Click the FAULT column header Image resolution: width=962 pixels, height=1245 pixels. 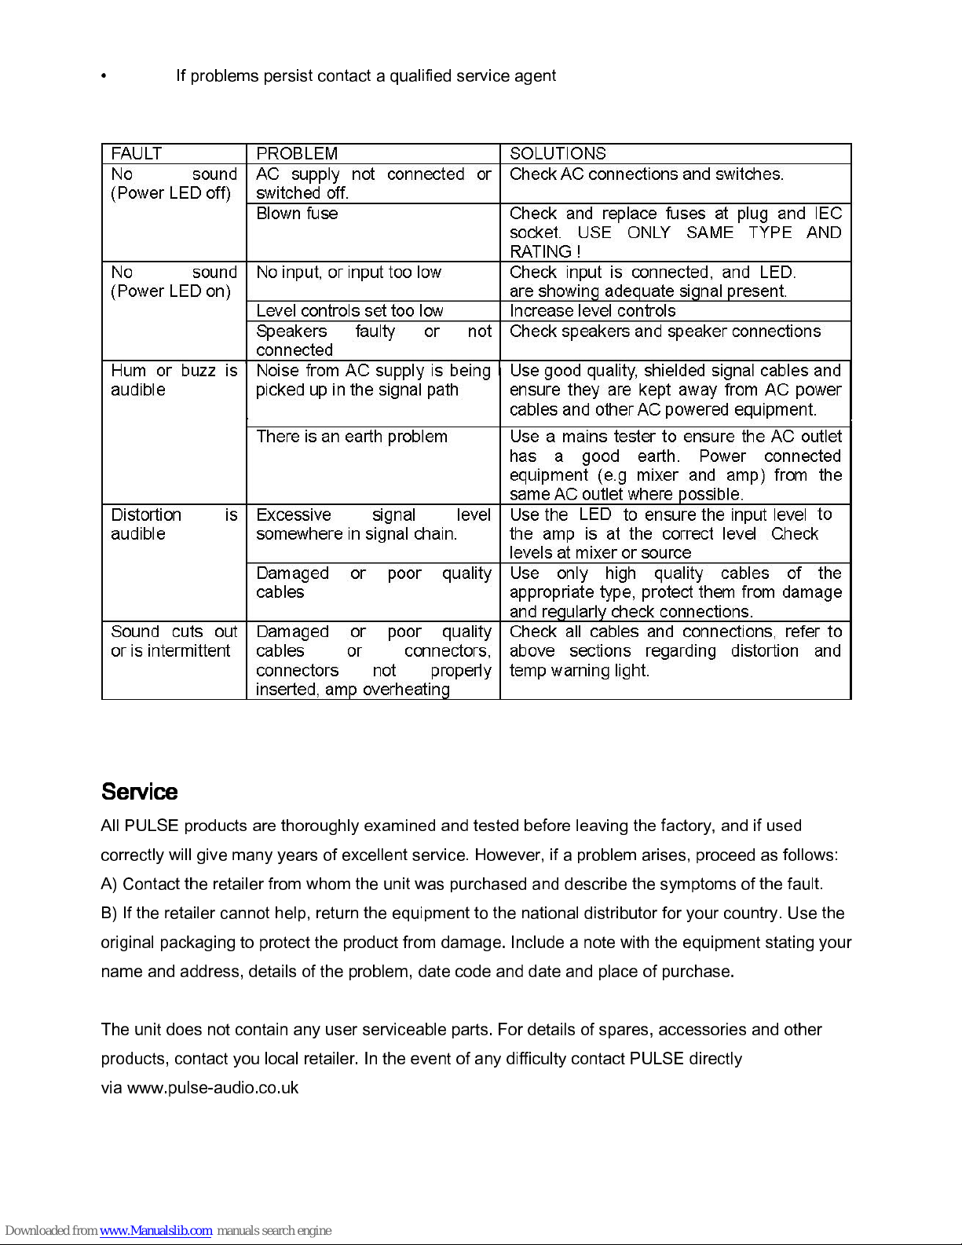pos(137,153)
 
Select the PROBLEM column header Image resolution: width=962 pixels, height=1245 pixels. pos(297,153)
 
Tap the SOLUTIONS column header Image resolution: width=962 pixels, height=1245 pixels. pos(558,153)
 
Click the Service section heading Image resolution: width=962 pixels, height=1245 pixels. pos(139,792)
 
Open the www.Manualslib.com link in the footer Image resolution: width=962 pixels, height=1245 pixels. pos(155,1230)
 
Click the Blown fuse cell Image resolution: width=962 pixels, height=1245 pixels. pos(297,214)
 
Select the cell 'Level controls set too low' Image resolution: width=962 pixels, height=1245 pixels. pos(349,311)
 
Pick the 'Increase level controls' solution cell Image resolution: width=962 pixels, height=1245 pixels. pos(592,311)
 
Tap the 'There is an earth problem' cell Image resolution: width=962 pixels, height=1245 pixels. pos(352,437)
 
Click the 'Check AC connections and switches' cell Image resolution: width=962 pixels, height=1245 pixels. pos(646,174)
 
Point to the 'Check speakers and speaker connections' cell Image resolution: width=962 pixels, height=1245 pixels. pos(665,331)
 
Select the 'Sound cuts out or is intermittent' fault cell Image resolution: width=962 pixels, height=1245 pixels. pos(174,642)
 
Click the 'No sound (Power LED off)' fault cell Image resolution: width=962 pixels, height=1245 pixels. pos(174,184)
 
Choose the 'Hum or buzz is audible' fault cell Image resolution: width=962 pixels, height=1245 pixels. pos(174,380)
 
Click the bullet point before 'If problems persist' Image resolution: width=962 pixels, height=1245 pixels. pos(104,76)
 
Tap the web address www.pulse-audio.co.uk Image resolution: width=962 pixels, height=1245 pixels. pos(213,1088)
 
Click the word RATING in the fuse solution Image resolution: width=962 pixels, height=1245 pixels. pos(540,252)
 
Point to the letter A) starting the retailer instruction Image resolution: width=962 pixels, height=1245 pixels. pos(109,884)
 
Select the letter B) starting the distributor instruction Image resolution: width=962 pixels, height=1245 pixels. pos(109,914)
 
